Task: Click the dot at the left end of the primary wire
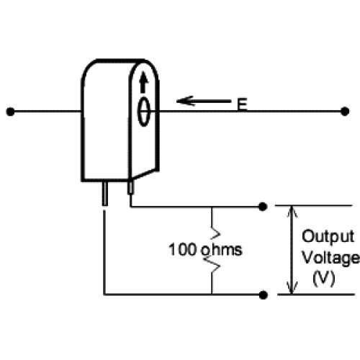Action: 10,112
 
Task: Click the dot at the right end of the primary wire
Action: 345,112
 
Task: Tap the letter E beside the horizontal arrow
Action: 242,104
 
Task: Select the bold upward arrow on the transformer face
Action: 143,82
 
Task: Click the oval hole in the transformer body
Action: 144,112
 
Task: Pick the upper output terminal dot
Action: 263,207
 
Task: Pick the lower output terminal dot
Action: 264,295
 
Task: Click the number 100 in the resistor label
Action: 183,249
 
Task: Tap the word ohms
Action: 222,249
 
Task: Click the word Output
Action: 328,237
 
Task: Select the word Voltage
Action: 331,258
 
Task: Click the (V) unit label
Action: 324,279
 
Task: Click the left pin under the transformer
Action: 105,194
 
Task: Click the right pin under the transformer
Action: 130,187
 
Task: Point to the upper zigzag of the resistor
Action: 215,233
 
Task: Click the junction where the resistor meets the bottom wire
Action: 212,294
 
